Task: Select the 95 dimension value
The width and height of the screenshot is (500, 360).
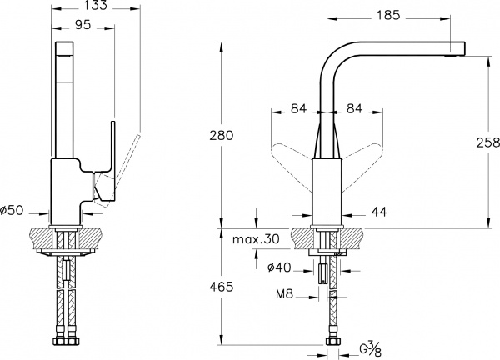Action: click(x=82, y=26)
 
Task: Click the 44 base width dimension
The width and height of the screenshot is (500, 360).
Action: click(x=379, y=212)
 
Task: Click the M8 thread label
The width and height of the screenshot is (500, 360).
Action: click(x=285, y=293)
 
